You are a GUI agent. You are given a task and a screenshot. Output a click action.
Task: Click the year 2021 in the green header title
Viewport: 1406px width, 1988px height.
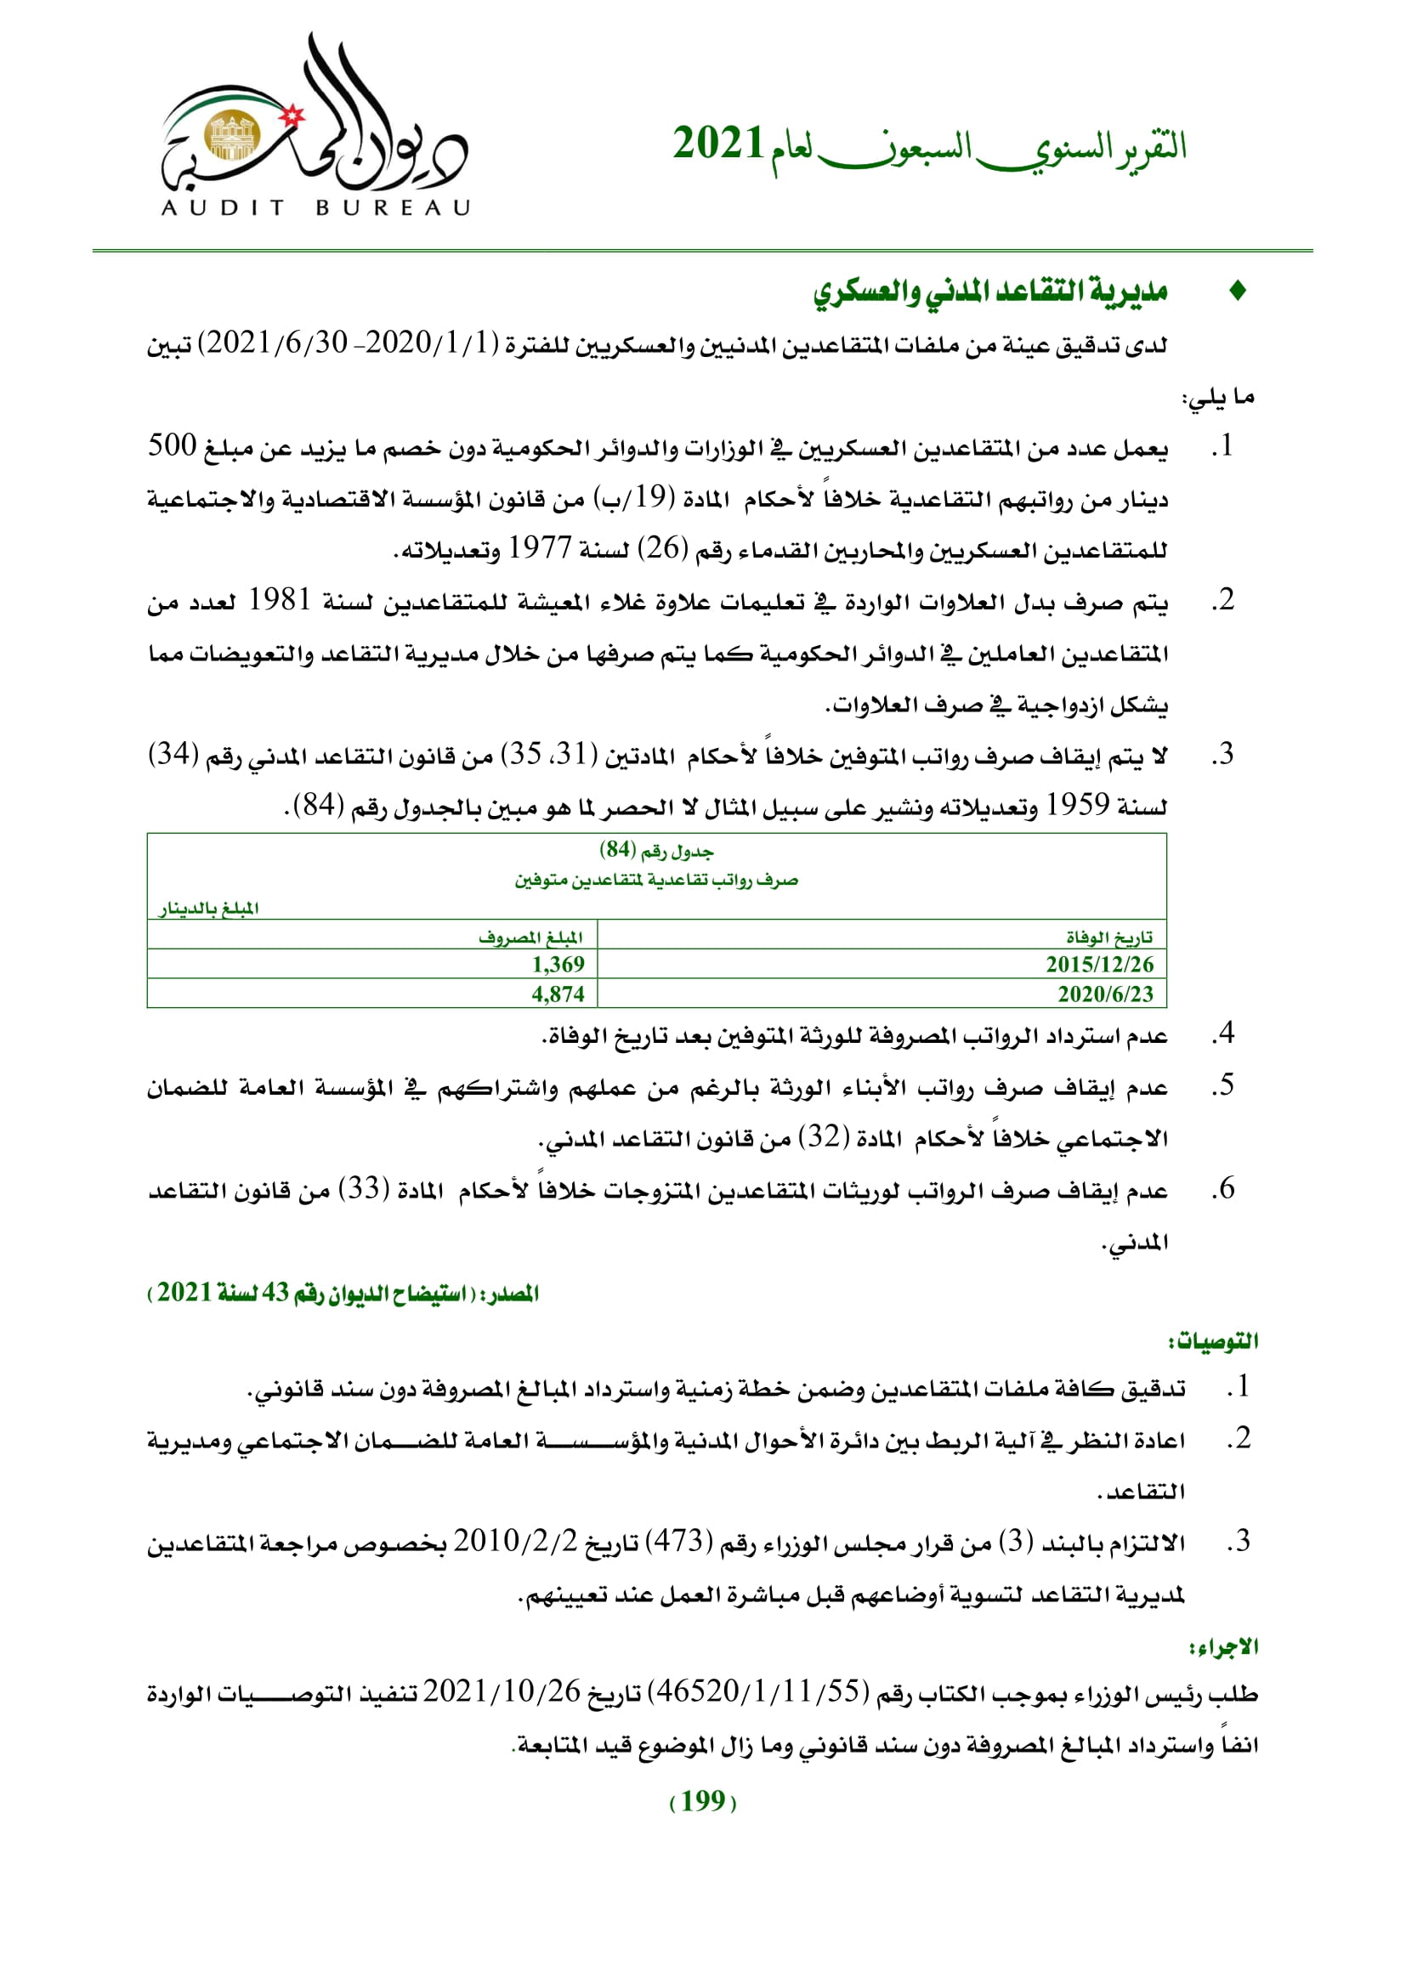click(x=717, y=143)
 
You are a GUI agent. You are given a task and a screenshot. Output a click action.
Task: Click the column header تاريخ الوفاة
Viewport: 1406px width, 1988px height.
click(x=1109, y=937)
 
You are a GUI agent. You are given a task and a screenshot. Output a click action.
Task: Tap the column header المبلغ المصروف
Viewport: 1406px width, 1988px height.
click(x=530, y=937)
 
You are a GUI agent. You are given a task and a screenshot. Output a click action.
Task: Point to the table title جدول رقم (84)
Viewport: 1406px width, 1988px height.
click(x=656, y=851)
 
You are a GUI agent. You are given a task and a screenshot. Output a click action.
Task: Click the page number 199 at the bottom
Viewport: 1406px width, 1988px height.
click(x=703, y=1801)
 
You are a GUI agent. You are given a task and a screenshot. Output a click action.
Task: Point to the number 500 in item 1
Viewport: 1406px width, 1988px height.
click(x=173, y=446)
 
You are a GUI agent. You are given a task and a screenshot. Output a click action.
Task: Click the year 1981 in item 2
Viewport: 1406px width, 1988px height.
click(x=279, y=600)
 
